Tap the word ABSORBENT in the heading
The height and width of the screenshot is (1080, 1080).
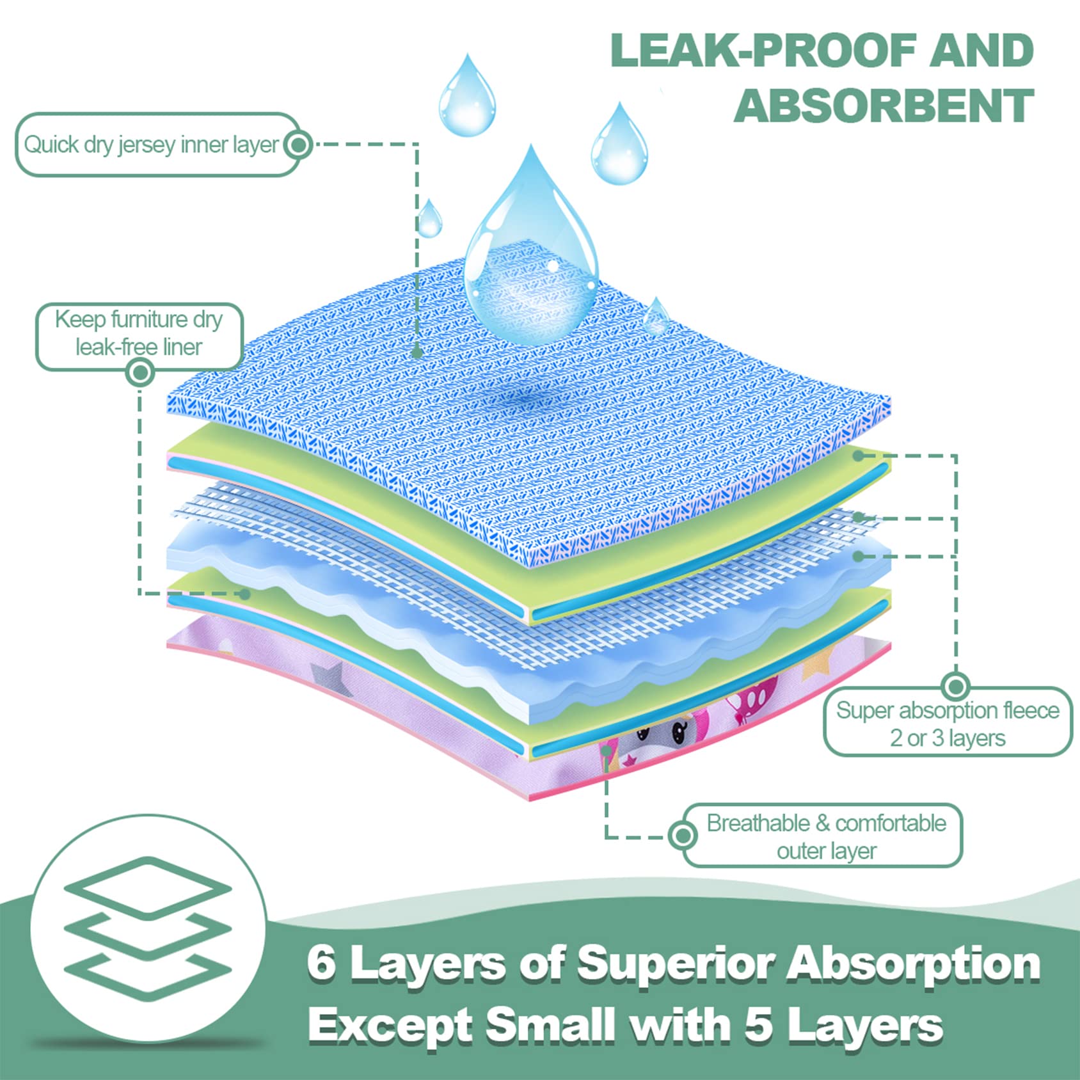[884, 106]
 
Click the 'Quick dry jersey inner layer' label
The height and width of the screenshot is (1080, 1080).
[151, 145]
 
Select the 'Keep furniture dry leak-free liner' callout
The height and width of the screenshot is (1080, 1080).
[139, 333]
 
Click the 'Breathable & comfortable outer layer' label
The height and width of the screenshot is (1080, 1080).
[826, 836]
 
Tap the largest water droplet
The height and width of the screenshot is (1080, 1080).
[531, 256]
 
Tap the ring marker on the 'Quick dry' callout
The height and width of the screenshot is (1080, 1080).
[298, 145]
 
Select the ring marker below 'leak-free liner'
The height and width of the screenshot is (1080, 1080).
[141, 372]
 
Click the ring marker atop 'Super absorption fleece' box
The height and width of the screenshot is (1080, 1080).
[956, 687]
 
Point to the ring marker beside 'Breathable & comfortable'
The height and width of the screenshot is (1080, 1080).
[683, 835]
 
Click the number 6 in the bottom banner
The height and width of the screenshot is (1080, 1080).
[321, 964]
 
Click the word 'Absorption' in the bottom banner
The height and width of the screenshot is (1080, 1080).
[913, 964]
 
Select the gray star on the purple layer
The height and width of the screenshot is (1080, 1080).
[328, 677]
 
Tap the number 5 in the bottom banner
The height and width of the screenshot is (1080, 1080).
[760, 1025]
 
